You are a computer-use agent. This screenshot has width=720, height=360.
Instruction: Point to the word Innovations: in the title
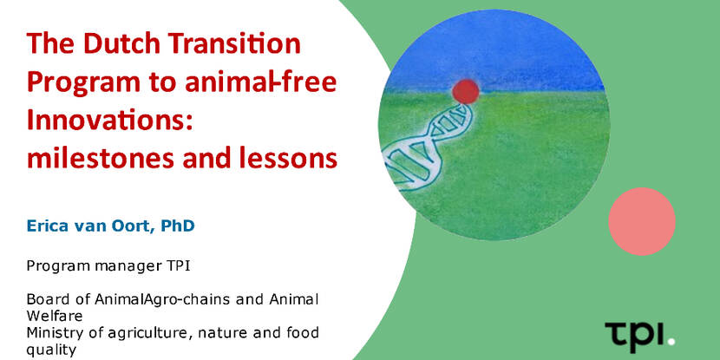(x=108, y=121)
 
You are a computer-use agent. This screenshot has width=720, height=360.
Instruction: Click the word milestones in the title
(x=101, y=159)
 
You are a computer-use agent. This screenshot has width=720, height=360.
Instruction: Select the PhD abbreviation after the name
(x=177, y=226)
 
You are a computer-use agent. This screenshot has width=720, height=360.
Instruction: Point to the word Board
(x=43, y=300)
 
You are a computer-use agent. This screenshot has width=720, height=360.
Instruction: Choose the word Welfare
(x=55, y=317)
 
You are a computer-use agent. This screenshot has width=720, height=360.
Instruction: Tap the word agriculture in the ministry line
(x=142, y=333)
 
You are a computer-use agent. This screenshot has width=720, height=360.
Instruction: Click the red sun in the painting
(x=466, y=91)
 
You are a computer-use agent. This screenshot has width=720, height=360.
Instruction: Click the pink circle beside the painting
(x=642, y=221)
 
